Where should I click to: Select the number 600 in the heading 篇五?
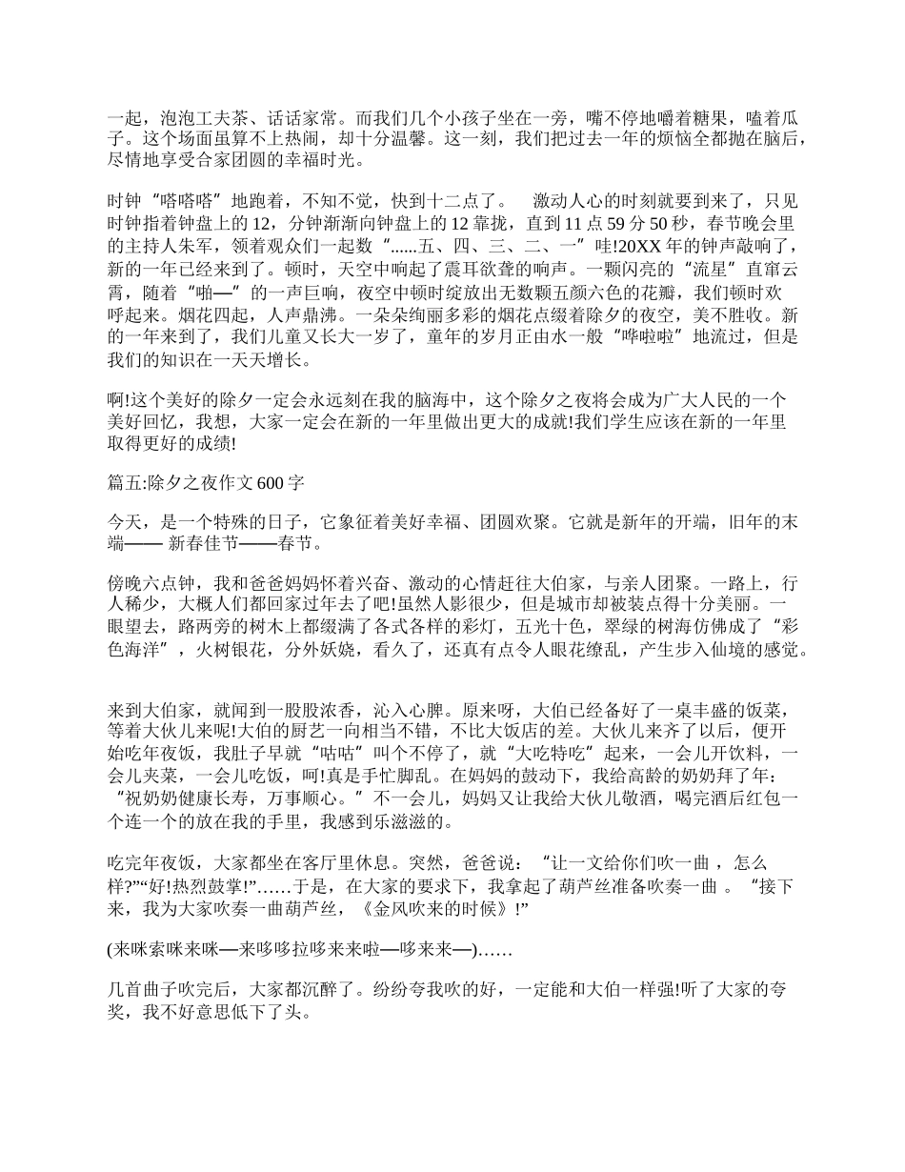[271, 483]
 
